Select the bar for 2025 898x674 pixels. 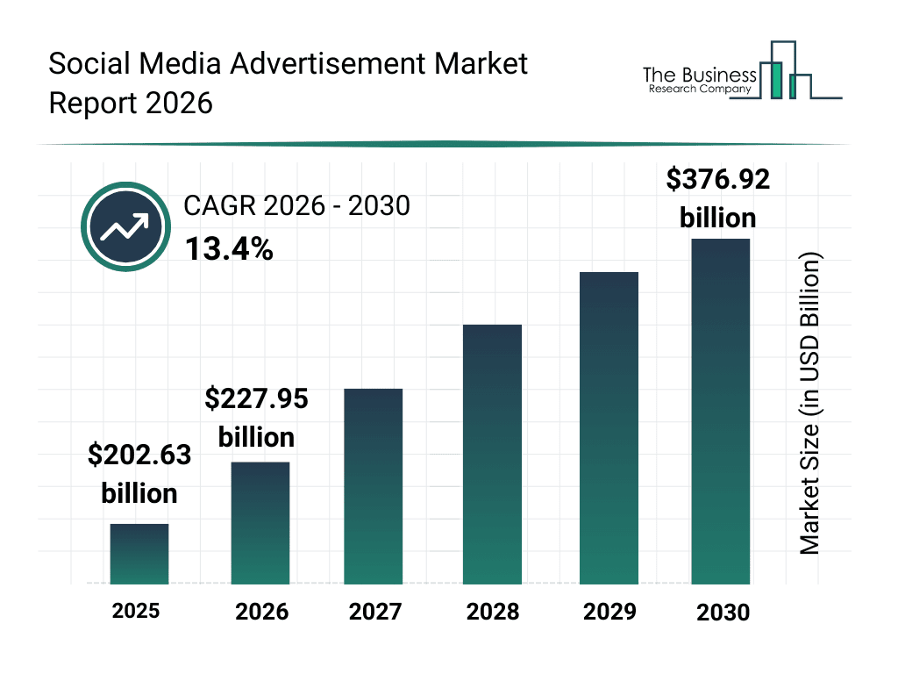[x=139, y=554]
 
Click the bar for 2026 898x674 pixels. [x=260, y=523]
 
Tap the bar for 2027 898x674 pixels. [x=374, y=486]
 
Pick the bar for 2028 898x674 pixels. [x=492, y=454]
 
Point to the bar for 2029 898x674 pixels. [x=609, y=427]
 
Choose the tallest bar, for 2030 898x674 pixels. [x=721, y=411]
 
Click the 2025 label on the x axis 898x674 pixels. [x=136, y=610]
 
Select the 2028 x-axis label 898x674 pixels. [x=492, y=612]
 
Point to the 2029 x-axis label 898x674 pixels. [x=609, y=612]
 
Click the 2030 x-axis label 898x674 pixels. [x=723, y=613]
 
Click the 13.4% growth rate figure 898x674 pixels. [x=228, y=250]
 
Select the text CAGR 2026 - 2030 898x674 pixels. [x=296, y=206]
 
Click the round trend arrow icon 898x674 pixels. [x=125, y=227]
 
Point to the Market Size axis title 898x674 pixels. [x=809, y=404]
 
